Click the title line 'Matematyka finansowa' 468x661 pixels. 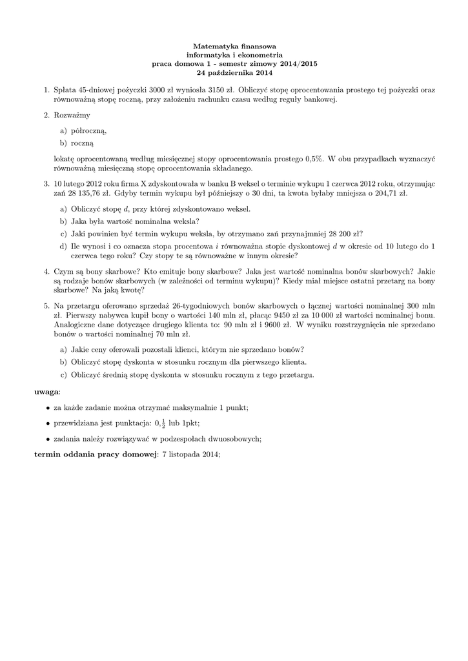pos(234,46)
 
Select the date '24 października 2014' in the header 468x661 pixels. pos(234,73)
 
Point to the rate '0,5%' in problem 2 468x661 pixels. pos(314,158)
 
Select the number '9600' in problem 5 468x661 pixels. pos(269,325)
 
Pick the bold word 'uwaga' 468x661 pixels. pos(46,391)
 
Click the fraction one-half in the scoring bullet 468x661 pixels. pos(162,423)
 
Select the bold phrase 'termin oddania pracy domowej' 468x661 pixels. pos(96,454)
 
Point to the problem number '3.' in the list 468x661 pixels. pos(47,183)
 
